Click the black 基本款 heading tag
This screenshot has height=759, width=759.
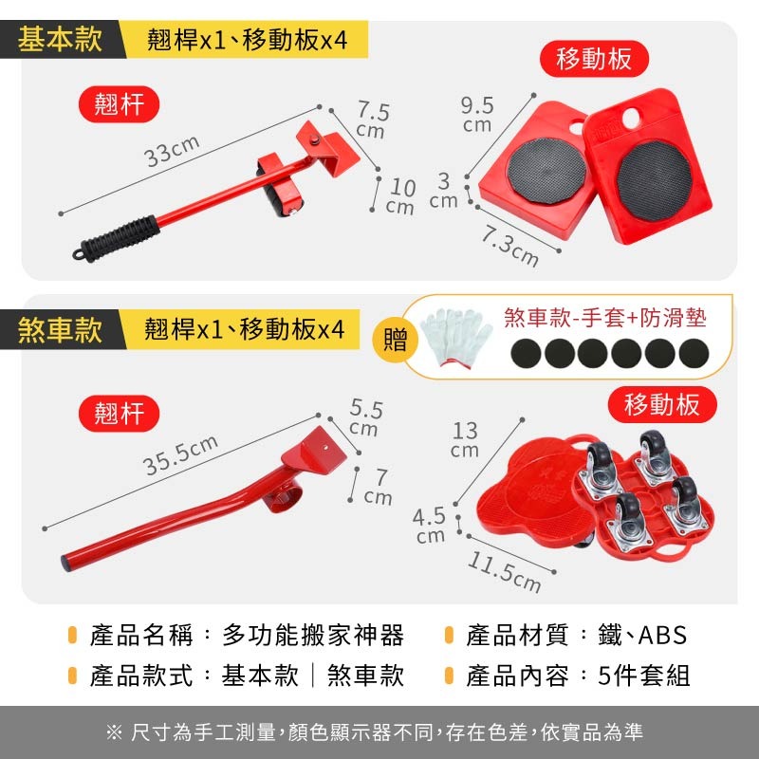point(61,40)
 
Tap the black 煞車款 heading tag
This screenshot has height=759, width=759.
point(61,330)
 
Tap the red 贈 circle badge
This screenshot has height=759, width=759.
point(395,339)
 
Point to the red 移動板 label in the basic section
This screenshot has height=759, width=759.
point(594,59)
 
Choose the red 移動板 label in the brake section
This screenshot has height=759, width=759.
point(662,404)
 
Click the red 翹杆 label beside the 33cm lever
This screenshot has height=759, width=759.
point(119,103)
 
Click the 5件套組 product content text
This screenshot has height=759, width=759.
point(645,676)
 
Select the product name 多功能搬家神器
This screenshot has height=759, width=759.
point(313,635)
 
